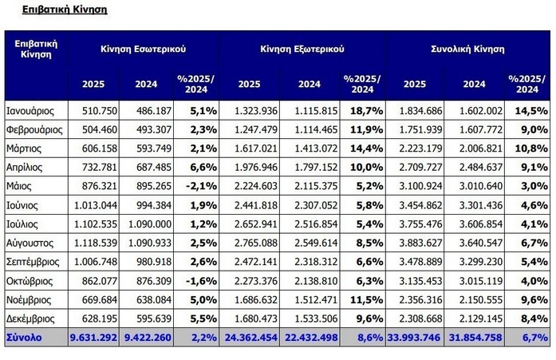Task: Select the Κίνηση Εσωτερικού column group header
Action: click(x=144, y=49)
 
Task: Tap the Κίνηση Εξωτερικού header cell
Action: click(x=302, y=49)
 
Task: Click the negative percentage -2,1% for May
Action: click(x=198, y=185)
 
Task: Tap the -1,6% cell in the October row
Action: click(x=198, y=281)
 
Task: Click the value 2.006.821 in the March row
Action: click(x=477, y=148)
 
